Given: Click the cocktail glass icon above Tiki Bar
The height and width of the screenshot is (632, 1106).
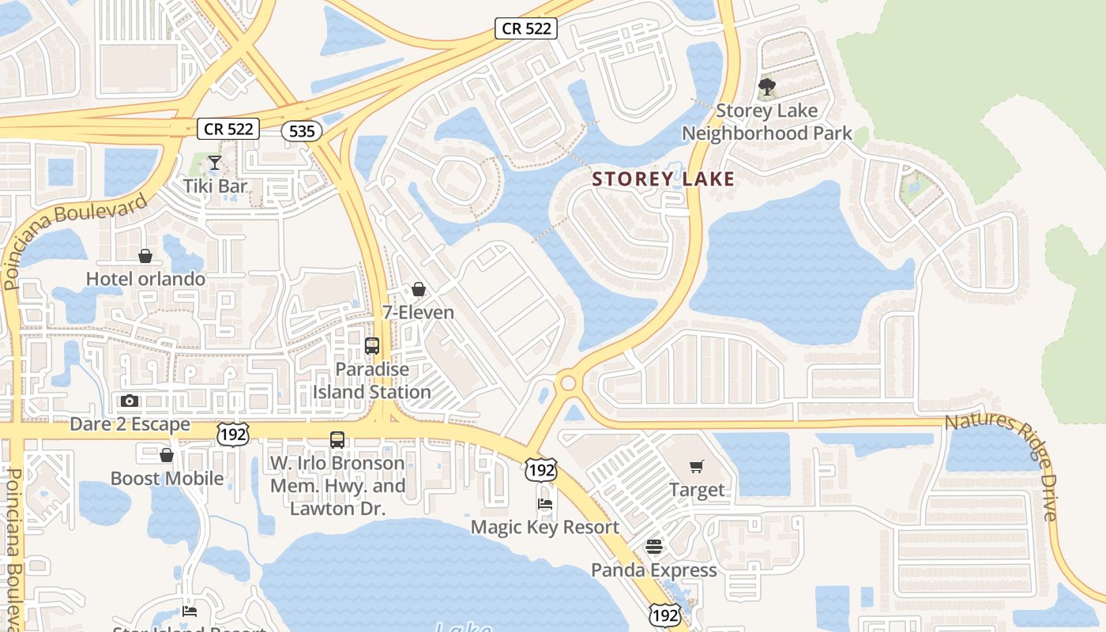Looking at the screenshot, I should (215, 164).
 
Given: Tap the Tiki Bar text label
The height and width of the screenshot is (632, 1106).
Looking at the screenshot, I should (215, 186).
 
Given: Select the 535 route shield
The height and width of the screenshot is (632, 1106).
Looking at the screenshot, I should (302, 131).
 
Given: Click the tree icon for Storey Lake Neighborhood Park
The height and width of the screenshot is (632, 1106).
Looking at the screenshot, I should (766, 87).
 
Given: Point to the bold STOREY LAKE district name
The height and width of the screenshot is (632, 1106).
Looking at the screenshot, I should (664, 179).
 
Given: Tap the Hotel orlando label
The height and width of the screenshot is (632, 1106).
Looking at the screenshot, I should (145, 279).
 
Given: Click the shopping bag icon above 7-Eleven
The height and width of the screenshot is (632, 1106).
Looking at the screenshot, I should (419, 290).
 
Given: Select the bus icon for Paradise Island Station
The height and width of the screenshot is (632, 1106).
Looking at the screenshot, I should (371, 346).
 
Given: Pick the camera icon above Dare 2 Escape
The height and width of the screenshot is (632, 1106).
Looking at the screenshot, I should (130, 401).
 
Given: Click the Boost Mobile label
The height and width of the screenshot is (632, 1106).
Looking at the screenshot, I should (167, 479).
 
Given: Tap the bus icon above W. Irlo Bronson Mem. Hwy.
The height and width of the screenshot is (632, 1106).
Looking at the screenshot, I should (337, 440).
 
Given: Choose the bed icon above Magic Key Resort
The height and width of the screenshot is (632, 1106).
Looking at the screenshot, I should (544, 504).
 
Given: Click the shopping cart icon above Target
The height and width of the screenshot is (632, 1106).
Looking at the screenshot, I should (696, 467).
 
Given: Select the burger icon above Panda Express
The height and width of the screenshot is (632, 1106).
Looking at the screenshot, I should (653, 547).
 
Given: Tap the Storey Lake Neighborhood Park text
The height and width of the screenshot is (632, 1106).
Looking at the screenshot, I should (766, 122).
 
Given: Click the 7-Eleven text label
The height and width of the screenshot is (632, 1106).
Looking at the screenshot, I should (418, 313).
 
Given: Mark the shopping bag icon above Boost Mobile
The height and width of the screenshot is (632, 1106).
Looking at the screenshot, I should (167, 456).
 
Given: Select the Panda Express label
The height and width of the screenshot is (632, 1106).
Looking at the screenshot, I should (653, 570).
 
